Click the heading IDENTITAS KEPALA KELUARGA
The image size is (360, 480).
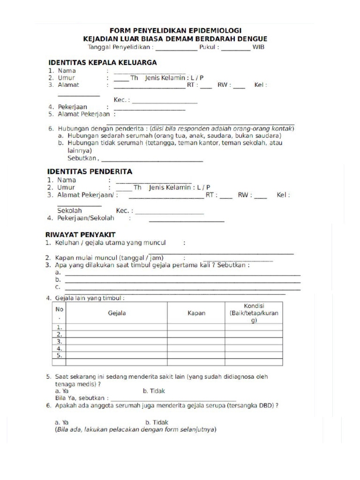[x=102, y=62]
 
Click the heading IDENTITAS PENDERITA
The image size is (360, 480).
[x=89, y=172]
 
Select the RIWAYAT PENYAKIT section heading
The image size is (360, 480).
[x=80, y=234]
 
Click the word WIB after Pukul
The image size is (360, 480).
[x=258, y=47]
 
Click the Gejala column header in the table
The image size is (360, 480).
[x=117, y=313]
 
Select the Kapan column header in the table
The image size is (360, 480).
[x=196, y=313]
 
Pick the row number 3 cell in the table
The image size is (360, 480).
[x=59, y=342]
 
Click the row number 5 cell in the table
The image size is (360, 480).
[x=59, y=356]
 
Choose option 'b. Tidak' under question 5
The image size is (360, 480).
[x=154, y=391]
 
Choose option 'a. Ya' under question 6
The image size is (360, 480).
[x=62, y=422]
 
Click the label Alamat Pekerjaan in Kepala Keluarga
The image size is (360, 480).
[x=83, y=114]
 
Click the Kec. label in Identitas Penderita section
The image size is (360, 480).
[x=125, y=211]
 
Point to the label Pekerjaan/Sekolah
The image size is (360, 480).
[x=85, y=218]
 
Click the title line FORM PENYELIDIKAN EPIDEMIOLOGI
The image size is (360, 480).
[x=176, y=30]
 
